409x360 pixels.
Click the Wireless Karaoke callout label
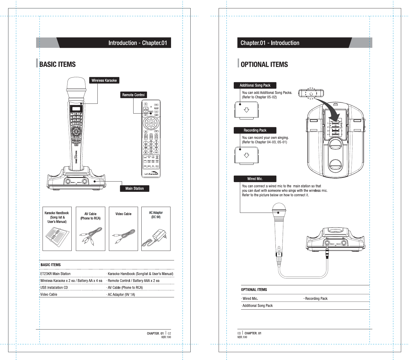[x=104, y=80]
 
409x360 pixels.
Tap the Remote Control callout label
[x=133, y=95]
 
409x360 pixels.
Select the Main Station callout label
[x=134, y=189]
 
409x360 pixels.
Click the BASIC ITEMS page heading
[x=57, y=64]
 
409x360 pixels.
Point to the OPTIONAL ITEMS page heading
[x=264, y=65]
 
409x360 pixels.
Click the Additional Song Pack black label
[x=255, y=85]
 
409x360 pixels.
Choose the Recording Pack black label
[x=255, y=130]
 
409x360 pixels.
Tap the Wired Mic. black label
[x=255, y=179]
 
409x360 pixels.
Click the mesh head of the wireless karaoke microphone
[x=76, y=88]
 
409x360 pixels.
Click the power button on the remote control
[x=146, y=104]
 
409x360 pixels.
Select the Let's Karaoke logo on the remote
[x=151, y=174]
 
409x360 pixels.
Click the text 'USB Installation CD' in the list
[x=54, y=288]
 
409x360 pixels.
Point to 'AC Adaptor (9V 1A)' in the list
[x=121, y=295]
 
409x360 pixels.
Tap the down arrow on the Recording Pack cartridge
[x=246, y=155]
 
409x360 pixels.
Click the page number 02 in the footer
[x=169, y=333]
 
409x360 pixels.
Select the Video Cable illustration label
[x=123, y=214]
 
